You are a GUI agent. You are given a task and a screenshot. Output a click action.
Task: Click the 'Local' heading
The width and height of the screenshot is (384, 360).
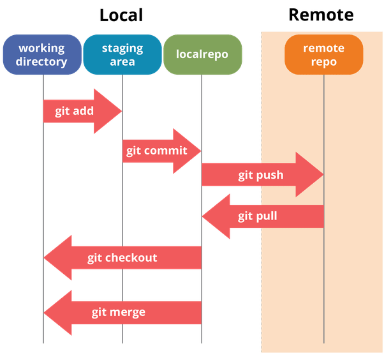(121, 15)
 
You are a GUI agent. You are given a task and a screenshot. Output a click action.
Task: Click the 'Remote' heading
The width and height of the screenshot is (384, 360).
(321, 15)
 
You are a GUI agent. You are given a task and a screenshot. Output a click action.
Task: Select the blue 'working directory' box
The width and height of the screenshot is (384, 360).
(42, 55)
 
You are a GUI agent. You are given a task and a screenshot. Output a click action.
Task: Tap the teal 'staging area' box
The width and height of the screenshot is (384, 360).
(122, 55)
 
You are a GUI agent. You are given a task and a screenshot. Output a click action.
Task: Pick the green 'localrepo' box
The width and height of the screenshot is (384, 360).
(202, 55)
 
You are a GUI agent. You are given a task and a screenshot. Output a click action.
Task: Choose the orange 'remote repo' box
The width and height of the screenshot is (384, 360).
(323, 55)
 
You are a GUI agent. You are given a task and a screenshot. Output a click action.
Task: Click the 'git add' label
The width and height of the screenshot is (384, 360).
(74, 111)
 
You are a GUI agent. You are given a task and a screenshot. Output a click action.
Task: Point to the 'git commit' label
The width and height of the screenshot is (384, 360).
(156, 151)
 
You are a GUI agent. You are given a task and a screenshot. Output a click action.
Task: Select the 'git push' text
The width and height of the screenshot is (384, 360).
(260, 175)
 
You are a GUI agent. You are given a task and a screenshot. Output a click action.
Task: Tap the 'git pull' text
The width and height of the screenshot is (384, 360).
(258, 216)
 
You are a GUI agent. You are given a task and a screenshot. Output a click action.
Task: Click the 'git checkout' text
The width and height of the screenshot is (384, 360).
(122, 258)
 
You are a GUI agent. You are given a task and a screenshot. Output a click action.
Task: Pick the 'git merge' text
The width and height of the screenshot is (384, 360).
(118, 312)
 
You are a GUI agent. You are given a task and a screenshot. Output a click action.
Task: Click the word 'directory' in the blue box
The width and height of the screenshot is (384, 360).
(42, 62)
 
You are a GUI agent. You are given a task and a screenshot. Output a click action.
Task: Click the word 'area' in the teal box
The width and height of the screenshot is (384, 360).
(122, 62)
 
